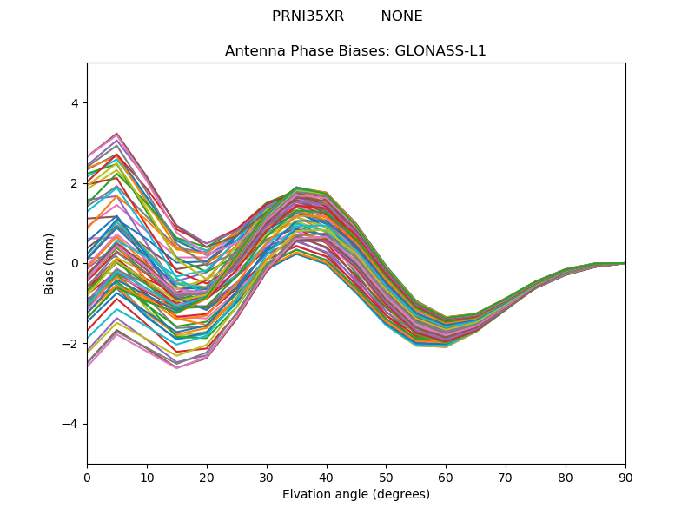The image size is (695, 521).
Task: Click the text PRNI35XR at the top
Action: tap(308, 16)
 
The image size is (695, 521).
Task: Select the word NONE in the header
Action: tap(401, 16)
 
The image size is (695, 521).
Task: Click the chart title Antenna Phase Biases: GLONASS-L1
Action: tap(355, 51)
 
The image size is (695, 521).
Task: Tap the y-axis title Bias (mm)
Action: tap(49, 264)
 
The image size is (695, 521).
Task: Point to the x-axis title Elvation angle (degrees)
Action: tap(356, 494)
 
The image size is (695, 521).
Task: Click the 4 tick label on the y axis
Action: tap(74, 103)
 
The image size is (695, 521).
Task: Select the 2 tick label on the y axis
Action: tap(74, 183)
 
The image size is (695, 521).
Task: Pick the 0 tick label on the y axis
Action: tap(74, 264)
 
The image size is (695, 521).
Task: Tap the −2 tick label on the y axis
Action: tap(69, 344)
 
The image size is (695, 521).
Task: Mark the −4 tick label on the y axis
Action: tap(69, 424)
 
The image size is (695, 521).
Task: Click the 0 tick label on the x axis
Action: tap(88, 478)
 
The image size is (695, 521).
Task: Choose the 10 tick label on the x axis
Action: tap(147, 478)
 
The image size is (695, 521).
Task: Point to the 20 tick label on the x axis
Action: tap(207, 478)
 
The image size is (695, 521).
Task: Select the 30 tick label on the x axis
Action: tap(267, 478)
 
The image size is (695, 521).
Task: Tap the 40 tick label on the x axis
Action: tap(327, 478)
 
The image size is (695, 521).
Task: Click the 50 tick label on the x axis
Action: tap(387, 478)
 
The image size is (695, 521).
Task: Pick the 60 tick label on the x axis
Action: tap(447, 478)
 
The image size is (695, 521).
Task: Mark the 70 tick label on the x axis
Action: tap(506, 478)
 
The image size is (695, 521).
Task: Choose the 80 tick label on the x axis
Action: tap(566, 478)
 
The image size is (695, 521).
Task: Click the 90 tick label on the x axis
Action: tap(625, 478)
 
